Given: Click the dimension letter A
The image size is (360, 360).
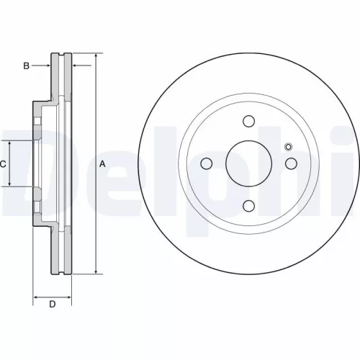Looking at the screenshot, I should (102, 164).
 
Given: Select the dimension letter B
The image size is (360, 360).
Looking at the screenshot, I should (26, 66).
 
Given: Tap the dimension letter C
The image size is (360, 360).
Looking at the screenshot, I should (3, 164).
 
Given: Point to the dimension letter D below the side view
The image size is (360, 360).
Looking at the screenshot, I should (52, 305).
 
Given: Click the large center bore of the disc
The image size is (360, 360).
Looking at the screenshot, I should (248, 163).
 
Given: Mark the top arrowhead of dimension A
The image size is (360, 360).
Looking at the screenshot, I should (95, 56).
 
